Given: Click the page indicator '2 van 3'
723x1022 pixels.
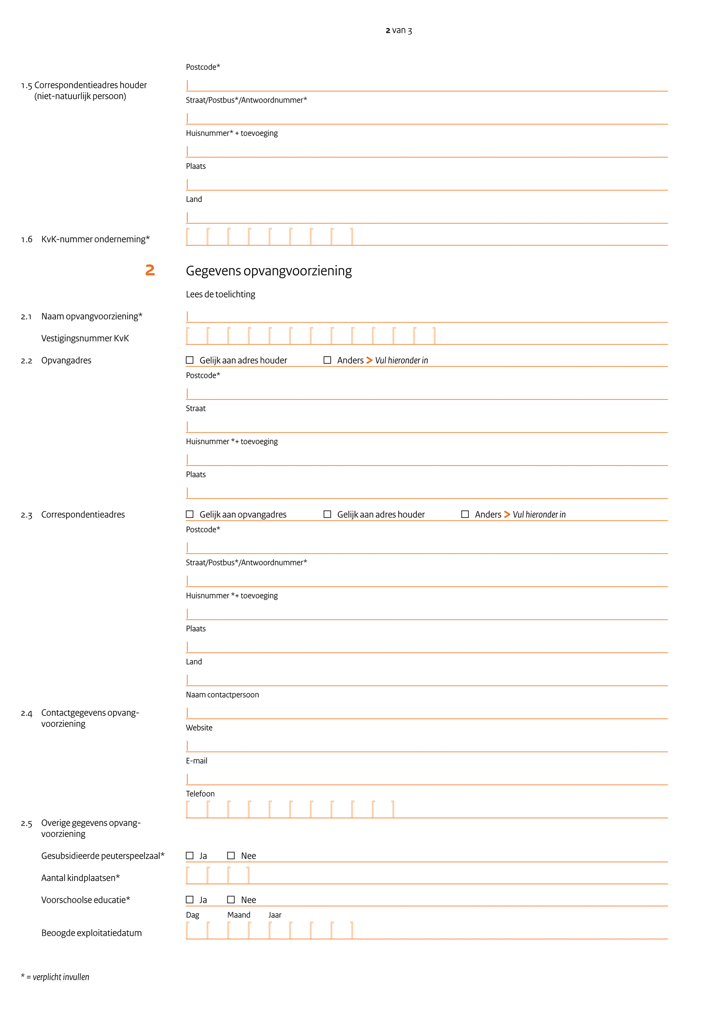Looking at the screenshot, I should pos(399,30).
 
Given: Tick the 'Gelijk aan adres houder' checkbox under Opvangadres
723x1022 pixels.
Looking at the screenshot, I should pos(190,360).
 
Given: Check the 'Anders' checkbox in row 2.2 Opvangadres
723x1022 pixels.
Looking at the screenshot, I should pos(327,360).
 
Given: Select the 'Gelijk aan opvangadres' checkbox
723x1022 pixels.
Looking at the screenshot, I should pos(190,514).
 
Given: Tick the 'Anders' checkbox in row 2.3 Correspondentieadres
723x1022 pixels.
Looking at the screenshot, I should pos(465,514).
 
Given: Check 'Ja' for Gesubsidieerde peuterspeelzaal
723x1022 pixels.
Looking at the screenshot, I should pos(190,856).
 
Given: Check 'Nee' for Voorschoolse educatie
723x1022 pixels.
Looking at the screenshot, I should pos(231,900).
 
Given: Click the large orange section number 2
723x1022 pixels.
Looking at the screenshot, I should pos(150,270).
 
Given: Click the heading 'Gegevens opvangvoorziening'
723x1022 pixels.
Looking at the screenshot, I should pos(268,271).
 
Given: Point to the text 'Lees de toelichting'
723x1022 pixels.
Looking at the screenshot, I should pos(220,294).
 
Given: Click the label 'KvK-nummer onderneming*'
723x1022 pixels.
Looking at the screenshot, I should pos(95,239).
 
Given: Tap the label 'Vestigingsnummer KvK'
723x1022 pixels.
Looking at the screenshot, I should pos(85,338).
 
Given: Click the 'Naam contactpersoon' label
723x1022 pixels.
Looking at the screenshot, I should pos(222,695).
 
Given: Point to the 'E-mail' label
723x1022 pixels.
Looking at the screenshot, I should pos(196,761).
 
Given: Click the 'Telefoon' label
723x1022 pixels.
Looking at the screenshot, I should pos(200,794).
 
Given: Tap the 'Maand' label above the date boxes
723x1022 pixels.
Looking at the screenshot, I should pos(239,915).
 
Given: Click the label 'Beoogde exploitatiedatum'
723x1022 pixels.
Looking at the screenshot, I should pos(91,933).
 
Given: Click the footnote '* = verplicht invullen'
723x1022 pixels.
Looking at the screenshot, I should pos(55,977).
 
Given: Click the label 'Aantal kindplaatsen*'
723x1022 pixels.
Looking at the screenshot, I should pos(80,878).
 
